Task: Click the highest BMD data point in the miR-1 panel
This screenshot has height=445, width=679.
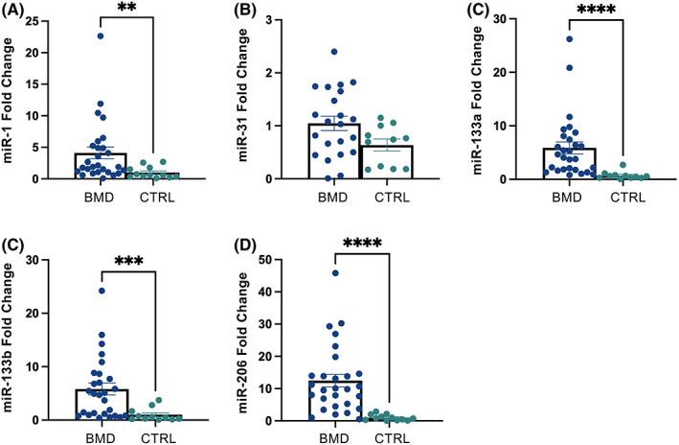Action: [99, 36]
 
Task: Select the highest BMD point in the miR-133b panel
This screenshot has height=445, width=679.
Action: [101, 291]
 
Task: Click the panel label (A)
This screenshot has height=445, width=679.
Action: [14, 11]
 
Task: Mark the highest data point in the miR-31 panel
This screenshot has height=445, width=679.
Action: [334, 52]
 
